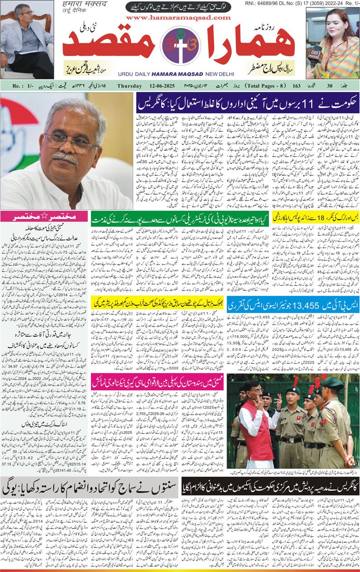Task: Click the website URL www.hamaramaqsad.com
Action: pyautogui.click(x=178, y=17)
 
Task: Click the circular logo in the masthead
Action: pyautogui.click(x=180, y=45)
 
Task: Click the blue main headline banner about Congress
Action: pyautogui.click(x=248, y=104)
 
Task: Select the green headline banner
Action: pyautogui.click(x=180, y=220)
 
